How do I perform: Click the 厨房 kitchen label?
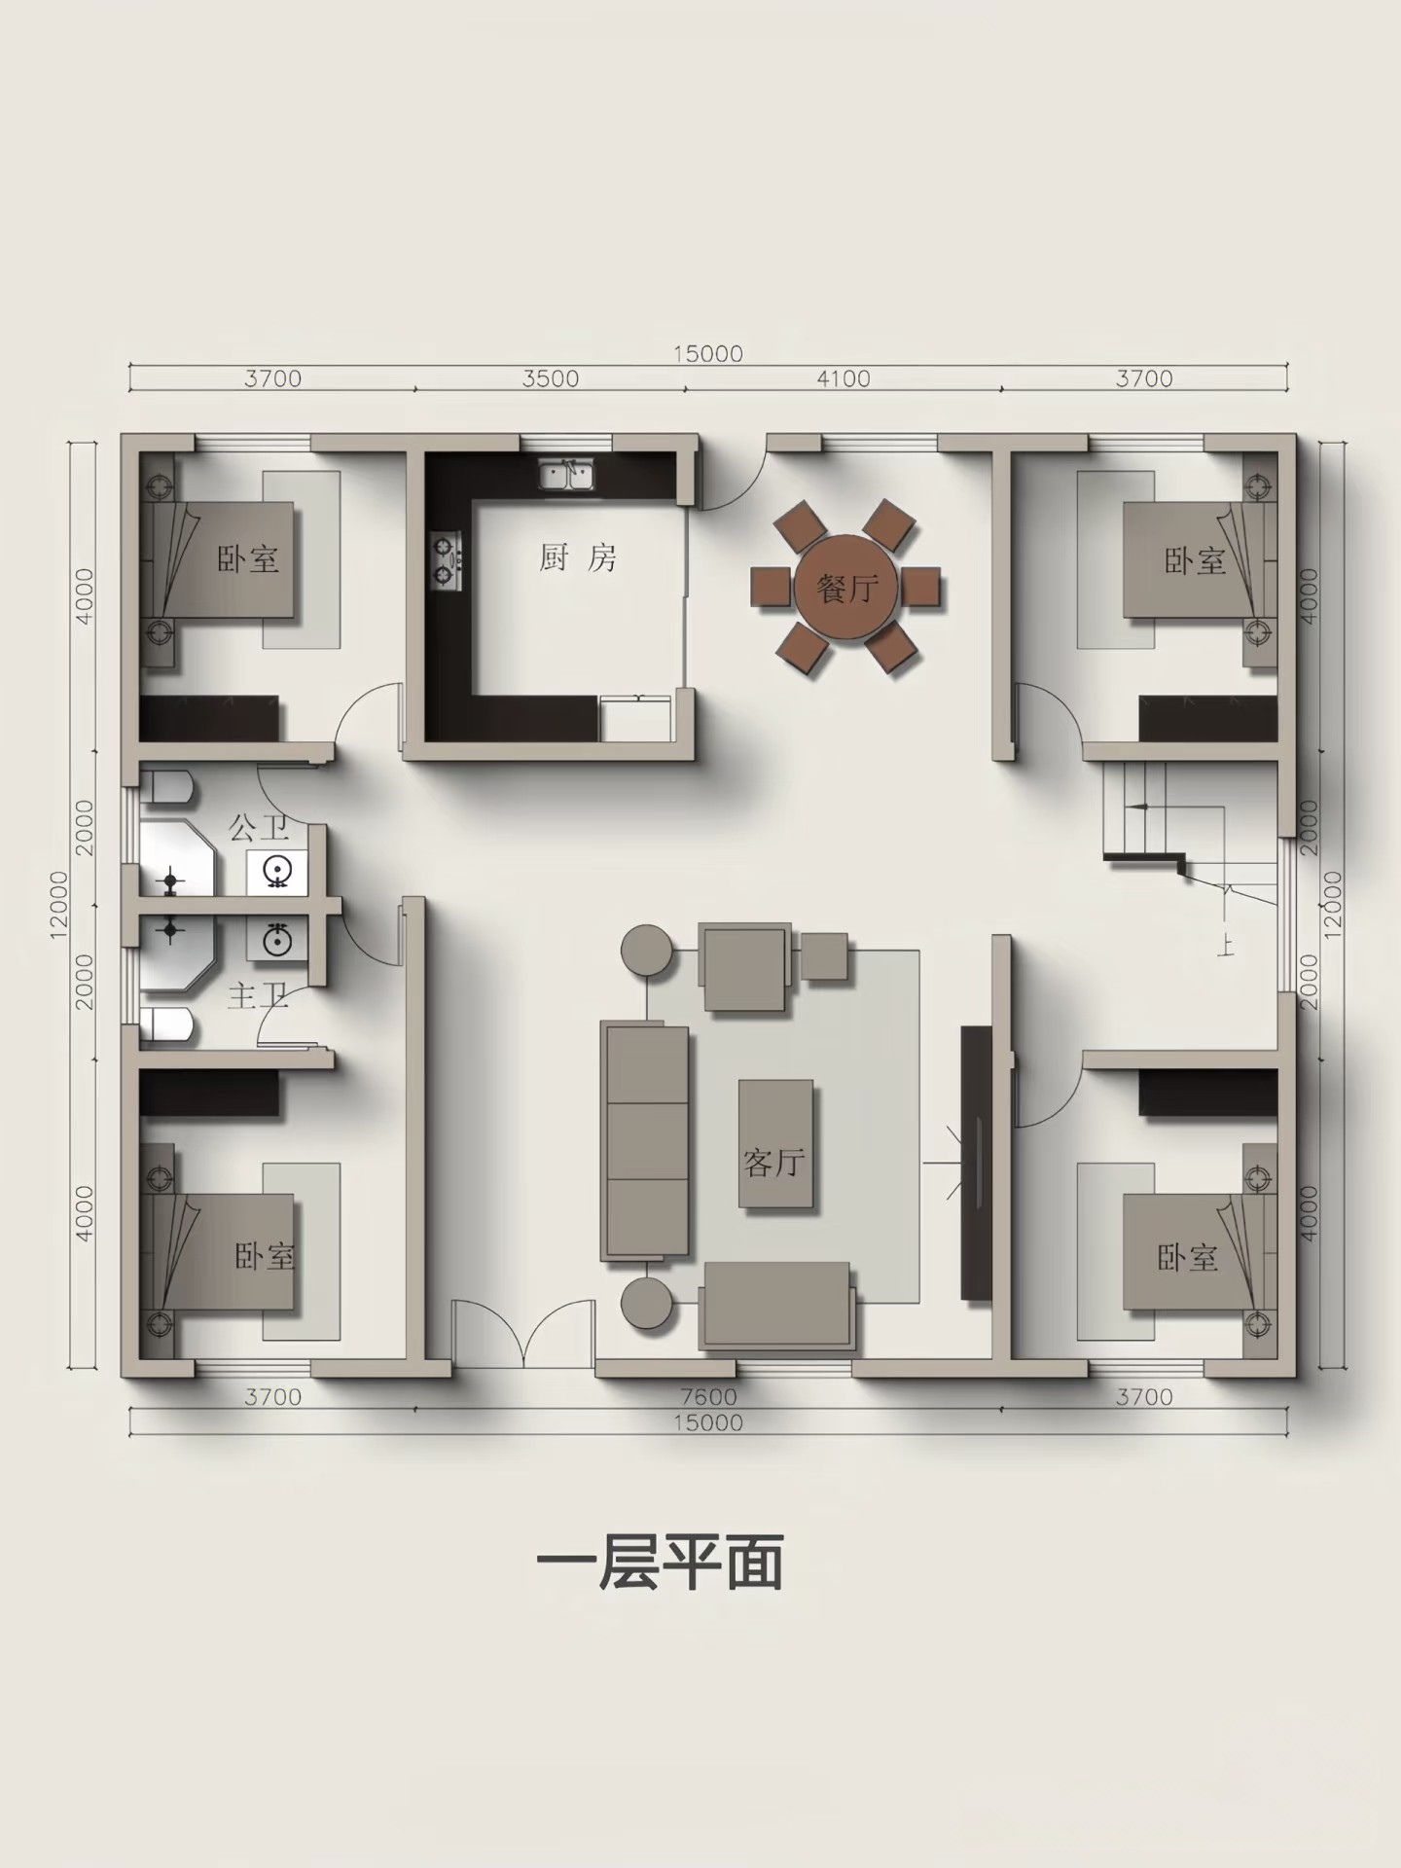578,557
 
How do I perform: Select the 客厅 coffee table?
775,1144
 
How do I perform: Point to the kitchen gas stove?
447,561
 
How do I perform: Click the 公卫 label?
259,829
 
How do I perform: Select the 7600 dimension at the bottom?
707,1397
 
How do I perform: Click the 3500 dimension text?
550,378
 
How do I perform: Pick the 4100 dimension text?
843,378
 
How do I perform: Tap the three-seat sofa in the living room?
645,1140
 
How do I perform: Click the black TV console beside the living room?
974,1161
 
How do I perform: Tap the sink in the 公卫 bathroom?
277,872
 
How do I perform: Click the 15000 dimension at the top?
707,353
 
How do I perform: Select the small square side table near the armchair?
824,955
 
